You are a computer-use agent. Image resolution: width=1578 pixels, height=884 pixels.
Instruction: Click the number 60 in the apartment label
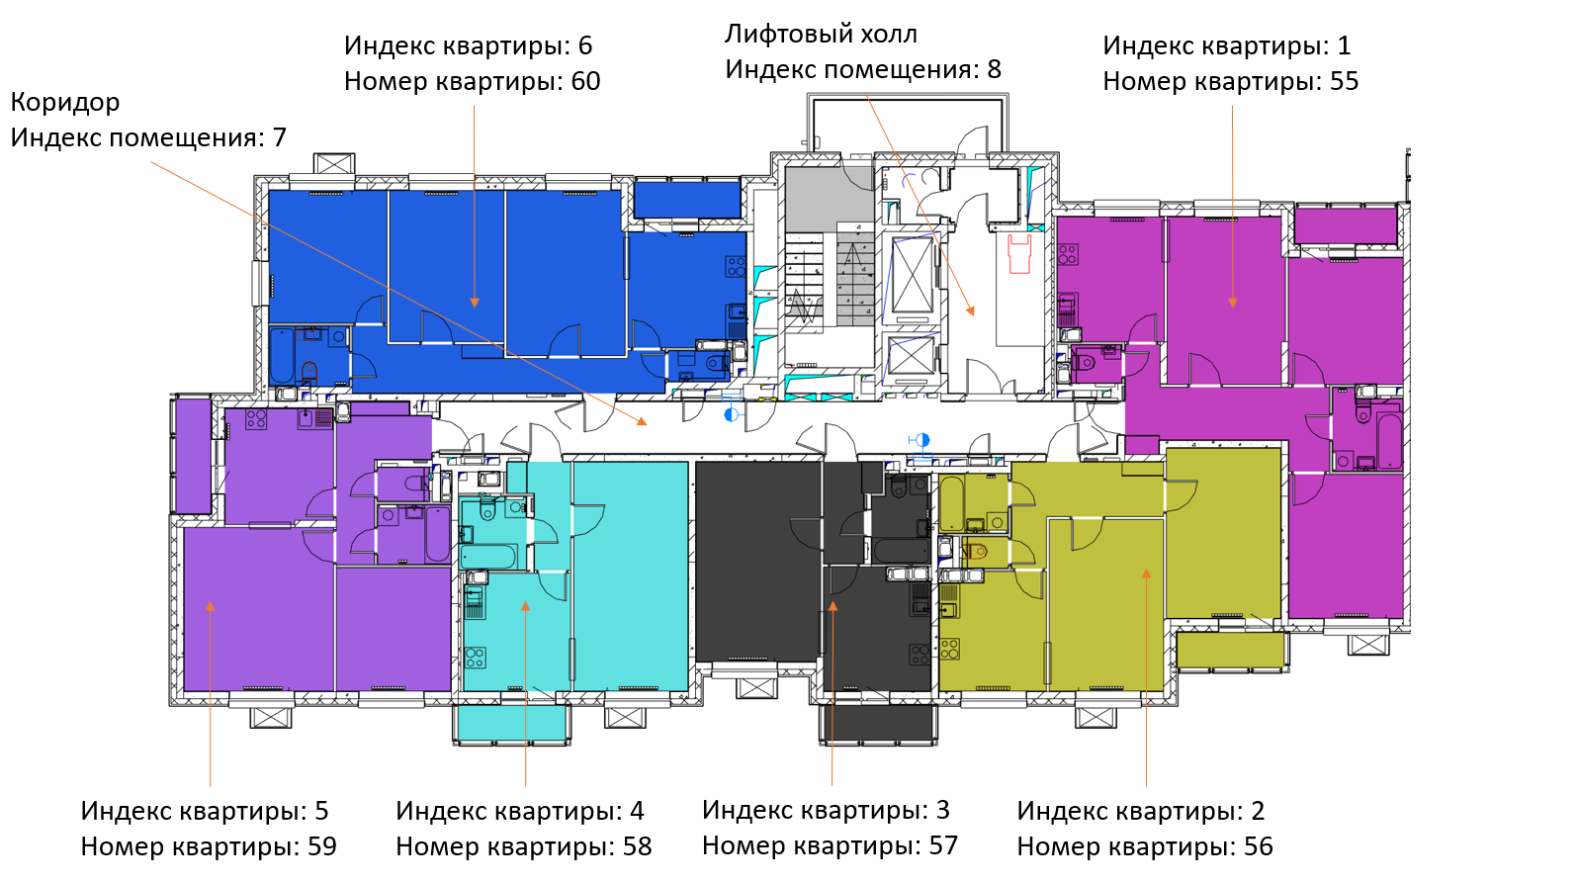click(x=585, y=81)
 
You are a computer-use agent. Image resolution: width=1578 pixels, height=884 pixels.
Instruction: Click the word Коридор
click(x=65, y=102)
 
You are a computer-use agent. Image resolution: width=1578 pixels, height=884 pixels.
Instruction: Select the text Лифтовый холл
click(x=821, y=34)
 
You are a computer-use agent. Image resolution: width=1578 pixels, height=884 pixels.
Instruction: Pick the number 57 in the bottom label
click(x=943, y=845)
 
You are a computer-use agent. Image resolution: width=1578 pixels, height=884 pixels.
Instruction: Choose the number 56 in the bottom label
click(x=1258, y=846)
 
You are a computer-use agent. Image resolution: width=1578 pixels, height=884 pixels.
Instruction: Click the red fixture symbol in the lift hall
click(x=1019, y=254)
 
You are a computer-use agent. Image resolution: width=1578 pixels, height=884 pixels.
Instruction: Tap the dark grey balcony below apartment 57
click(x=878, y=723)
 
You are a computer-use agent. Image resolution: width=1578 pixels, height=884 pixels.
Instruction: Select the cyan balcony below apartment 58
click(x=511, y=722)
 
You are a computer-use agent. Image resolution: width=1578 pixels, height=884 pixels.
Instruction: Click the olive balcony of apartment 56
click(x=1230, y=650)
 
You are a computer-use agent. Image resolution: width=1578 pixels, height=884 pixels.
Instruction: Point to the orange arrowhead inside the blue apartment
click(x=475, y=302)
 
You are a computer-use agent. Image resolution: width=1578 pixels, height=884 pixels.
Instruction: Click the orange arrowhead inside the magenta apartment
click(x=1233, y=302)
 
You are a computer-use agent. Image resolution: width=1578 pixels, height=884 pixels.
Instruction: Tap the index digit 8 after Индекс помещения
click(x=994, y=69)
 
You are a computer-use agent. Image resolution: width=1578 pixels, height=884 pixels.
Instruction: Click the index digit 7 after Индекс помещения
click(x=279, y=137)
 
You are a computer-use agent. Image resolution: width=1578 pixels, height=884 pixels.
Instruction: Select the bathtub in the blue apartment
click(x=282, y=356)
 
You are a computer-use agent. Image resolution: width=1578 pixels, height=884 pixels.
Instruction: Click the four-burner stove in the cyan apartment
click(x=476, y=657)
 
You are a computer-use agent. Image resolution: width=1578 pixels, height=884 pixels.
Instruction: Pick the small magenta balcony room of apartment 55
click(x=1345, y=225)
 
